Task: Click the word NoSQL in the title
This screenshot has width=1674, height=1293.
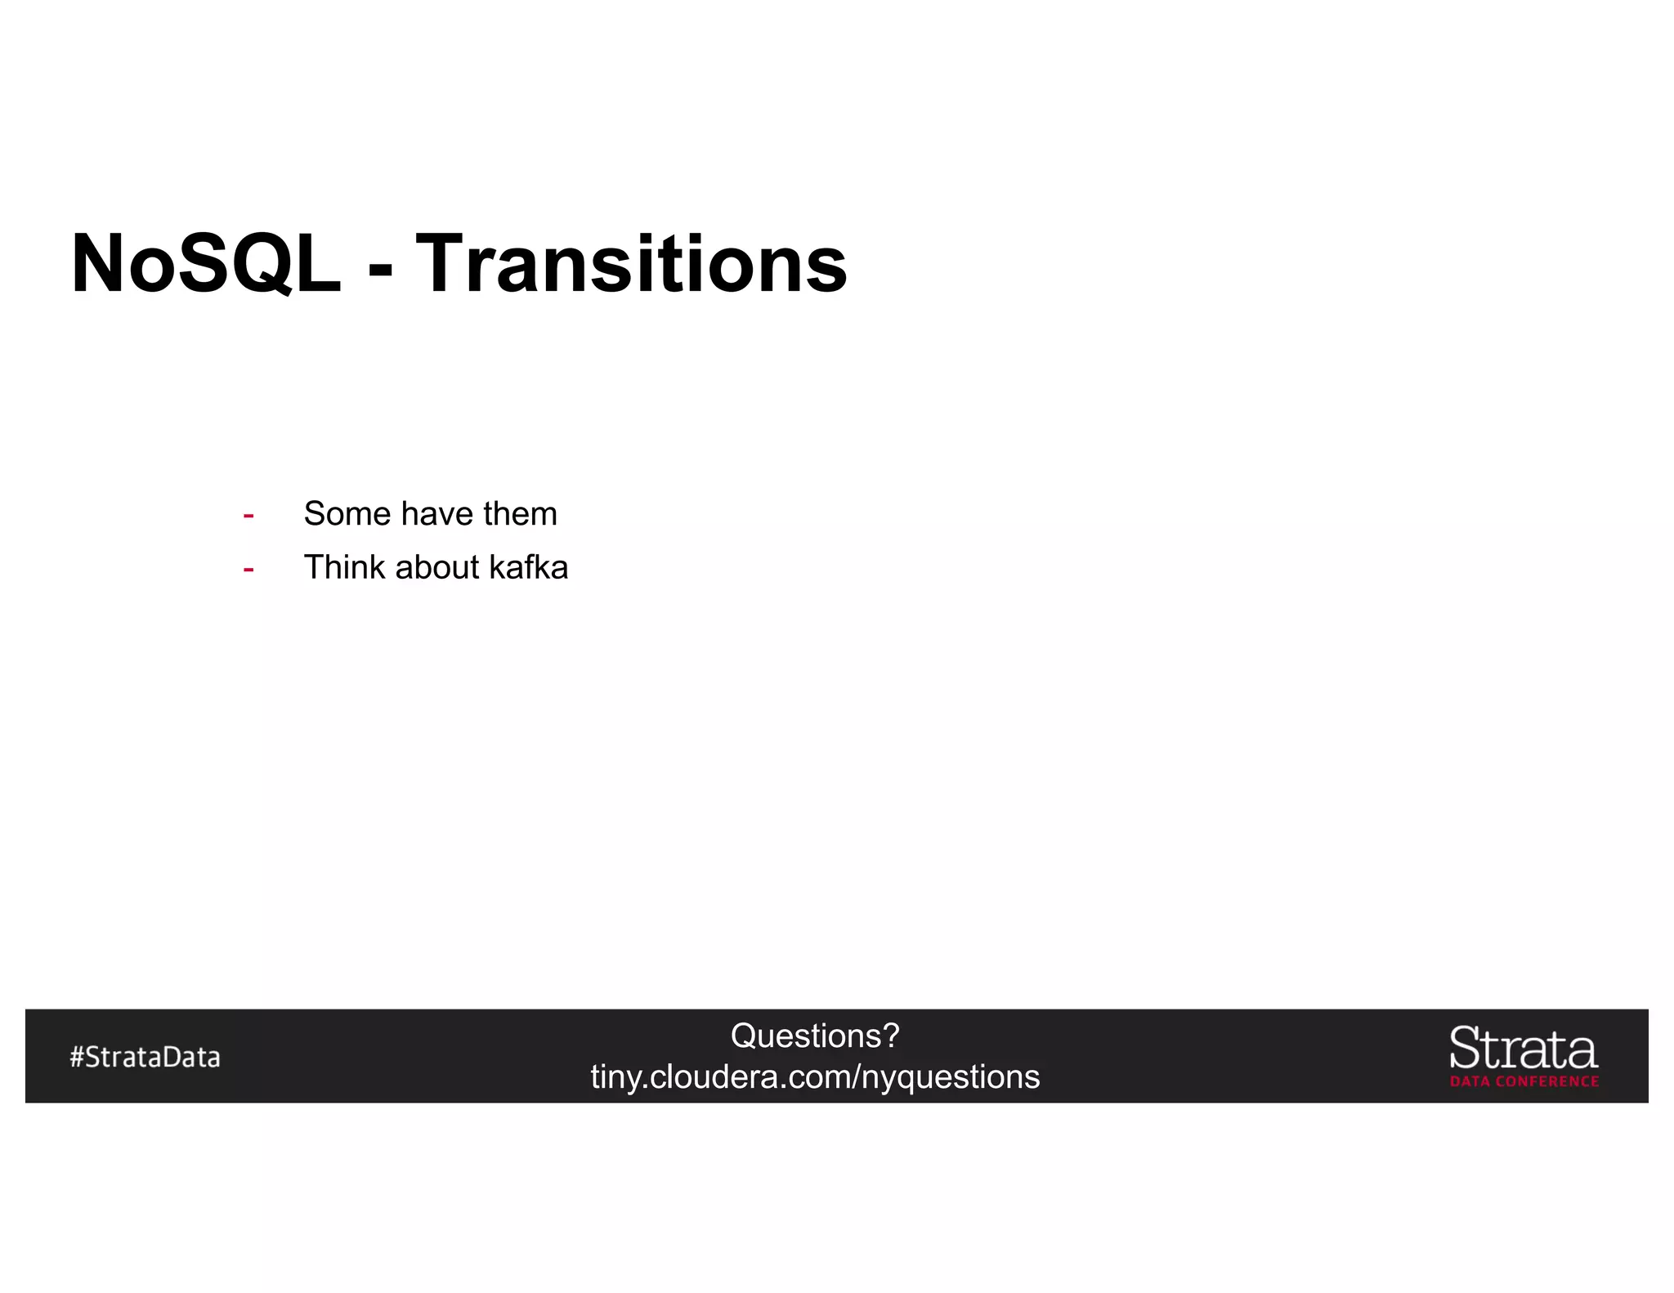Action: (x=205, y=263)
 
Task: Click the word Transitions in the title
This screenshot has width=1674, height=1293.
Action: (x=631, y=263)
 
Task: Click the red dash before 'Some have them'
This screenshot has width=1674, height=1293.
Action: (x=248, y=516)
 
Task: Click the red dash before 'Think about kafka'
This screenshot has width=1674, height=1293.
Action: (x=248, y=569)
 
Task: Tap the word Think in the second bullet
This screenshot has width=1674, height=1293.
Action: (x=343, y=567)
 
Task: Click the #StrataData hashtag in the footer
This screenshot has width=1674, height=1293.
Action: (x=145, y=1058)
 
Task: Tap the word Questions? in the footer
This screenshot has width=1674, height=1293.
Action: (x=814, y=1036)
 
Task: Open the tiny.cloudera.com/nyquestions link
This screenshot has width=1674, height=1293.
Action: (x=815, y=1077)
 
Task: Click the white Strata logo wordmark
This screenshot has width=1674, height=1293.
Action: (x=1523, y=1049)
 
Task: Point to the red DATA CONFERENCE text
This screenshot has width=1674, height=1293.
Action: (x=1524, y=1081)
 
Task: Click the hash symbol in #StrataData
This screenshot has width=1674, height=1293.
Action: (x=77, y=1058)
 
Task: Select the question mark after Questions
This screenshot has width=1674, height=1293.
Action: (x=891, y=1036)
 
